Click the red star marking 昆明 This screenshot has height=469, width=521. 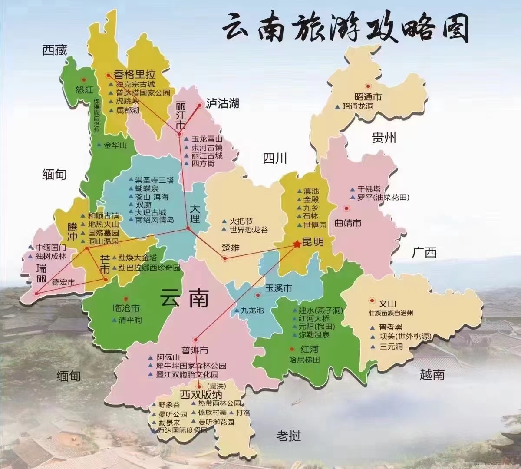tap(297, 244)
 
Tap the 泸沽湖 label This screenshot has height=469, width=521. tap(223, 103)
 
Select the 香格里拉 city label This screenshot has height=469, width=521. tap(135, 74)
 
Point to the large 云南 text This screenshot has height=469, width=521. tap(184, 298)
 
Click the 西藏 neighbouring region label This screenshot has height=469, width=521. tap(55, 50)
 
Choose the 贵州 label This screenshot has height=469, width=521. tap(384, 138)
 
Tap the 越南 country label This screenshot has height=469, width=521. tap(432, 374)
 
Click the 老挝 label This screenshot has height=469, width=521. tap(288, 436)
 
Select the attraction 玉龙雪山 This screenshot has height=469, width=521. tap(207, 139)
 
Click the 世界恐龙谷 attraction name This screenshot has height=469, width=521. tap(249, 229)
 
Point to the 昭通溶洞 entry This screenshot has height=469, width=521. tap(358, 106)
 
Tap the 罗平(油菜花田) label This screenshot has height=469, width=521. tap(383, 198)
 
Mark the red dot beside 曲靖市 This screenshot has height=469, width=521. tap(346, 208)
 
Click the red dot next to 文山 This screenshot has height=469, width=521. tap(372, 300)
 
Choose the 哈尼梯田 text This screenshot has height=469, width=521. tap(304, 360)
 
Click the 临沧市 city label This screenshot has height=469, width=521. tap(126, 309)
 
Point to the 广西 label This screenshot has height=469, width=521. tap(424, 252)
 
